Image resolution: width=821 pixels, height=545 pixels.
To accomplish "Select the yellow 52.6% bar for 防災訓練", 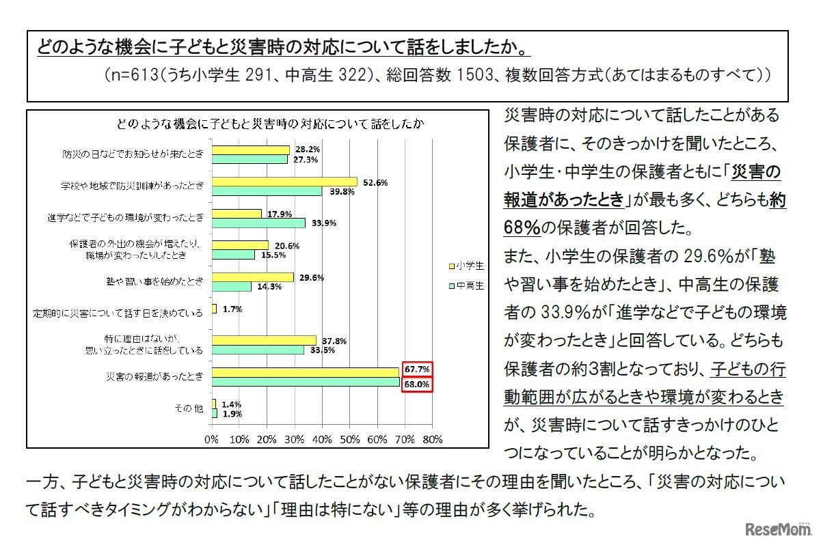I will pyautogui.click(x=284, y=182).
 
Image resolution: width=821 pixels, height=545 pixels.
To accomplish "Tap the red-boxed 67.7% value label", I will pyautogui.click(x=417, y=369).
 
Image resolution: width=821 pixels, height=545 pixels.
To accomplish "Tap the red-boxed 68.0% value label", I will pyautogui.click(x=417, y=385).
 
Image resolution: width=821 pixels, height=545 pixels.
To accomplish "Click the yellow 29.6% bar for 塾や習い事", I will pyautogui.click(x=253, y=277).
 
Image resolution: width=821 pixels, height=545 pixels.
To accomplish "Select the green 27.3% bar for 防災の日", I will pyautogui.click(x=250, y=158).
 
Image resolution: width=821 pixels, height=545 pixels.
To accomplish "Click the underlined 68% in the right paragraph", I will pyautogui.click(x=521, y=226).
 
